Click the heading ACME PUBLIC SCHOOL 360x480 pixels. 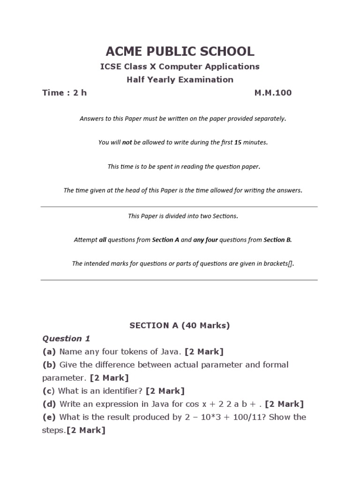click(x=180, y=52)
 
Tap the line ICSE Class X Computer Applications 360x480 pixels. click(x=180, y=67)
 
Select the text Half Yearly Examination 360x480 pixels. click(x=180, y=80)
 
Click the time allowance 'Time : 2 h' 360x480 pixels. click(x=65, y=93)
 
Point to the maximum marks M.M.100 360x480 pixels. click(x=273, y=93)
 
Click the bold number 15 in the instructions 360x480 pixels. click(x=238, y=142)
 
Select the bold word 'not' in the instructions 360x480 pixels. click(x=127, y=142)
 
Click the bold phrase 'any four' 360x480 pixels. click(x=205, y=240)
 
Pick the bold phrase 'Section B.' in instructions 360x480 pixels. click(x=277, y=240)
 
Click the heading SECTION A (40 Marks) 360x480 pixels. click(x=180, y=326)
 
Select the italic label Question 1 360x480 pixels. click(x=66, y=338)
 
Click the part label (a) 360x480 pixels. click(x=49, y=352)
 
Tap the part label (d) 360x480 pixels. click(x=49, y=404)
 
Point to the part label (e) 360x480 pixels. click(x=49, y=417)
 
